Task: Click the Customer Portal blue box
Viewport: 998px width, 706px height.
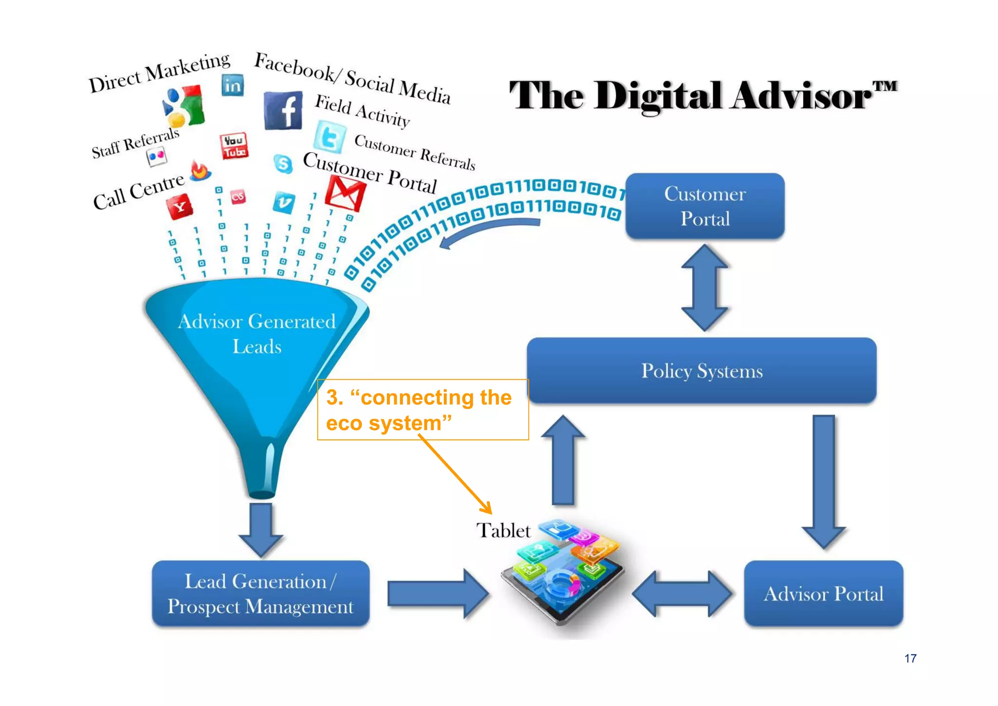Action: pyautogui.click(x=705, y=206)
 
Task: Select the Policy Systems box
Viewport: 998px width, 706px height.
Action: pyautogui.click(x=701, y=371)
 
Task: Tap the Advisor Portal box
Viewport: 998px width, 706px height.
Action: pyautogui.click(x=823, y=593)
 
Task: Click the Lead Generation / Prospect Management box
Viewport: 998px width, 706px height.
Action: pyautogui.click(x=261, y=593)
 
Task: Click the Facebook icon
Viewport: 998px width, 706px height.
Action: pyautogui.click(x=283, y=111)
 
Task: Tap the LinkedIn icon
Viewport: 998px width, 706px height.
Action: pyautogui.click(x=232, y=86)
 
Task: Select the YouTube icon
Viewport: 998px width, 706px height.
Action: pyautogui.click(x=234, y=146)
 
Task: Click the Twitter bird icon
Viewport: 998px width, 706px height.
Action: pyautogui.click(x=330, y=137)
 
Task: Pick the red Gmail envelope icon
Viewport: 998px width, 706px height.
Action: pyautogui.click(x=345, y=194)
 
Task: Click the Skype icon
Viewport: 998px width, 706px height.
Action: pyautogui.click(x=283, y=164)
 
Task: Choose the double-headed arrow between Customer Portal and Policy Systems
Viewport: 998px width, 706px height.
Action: pyautogui.click(x=705, y=288)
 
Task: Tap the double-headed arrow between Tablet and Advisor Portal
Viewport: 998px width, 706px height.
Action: pyautogui.click(x=682, y=593)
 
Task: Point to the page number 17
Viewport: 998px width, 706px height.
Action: pyautogui.click(x=910, y=658)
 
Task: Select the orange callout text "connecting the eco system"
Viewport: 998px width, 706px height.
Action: pyautogui.click(x=419, y=410)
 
